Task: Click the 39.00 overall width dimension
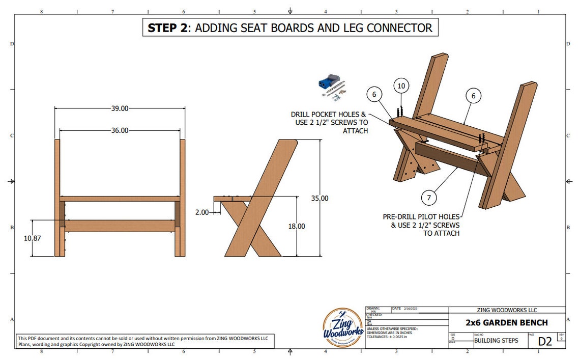pos(120,108)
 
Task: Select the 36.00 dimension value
pos(120,130)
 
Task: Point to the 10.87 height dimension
pos(32,238)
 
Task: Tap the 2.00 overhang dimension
pos(201,212)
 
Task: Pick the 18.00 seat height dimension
pos(297,226)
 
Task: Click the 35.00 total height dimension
pos(320,198)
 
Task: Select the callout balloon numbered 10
pos(401,86)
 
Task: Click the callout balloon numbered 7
pos(429,197)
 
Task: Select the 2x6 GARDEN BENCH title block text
pos(507,322)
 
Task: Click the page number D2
pos(545,341)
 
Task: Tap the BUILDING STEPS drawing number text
pos(496,341)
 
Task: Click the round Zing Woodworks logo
pos(343,328)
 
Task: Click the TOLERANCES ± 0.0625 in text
pos(391,337)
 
